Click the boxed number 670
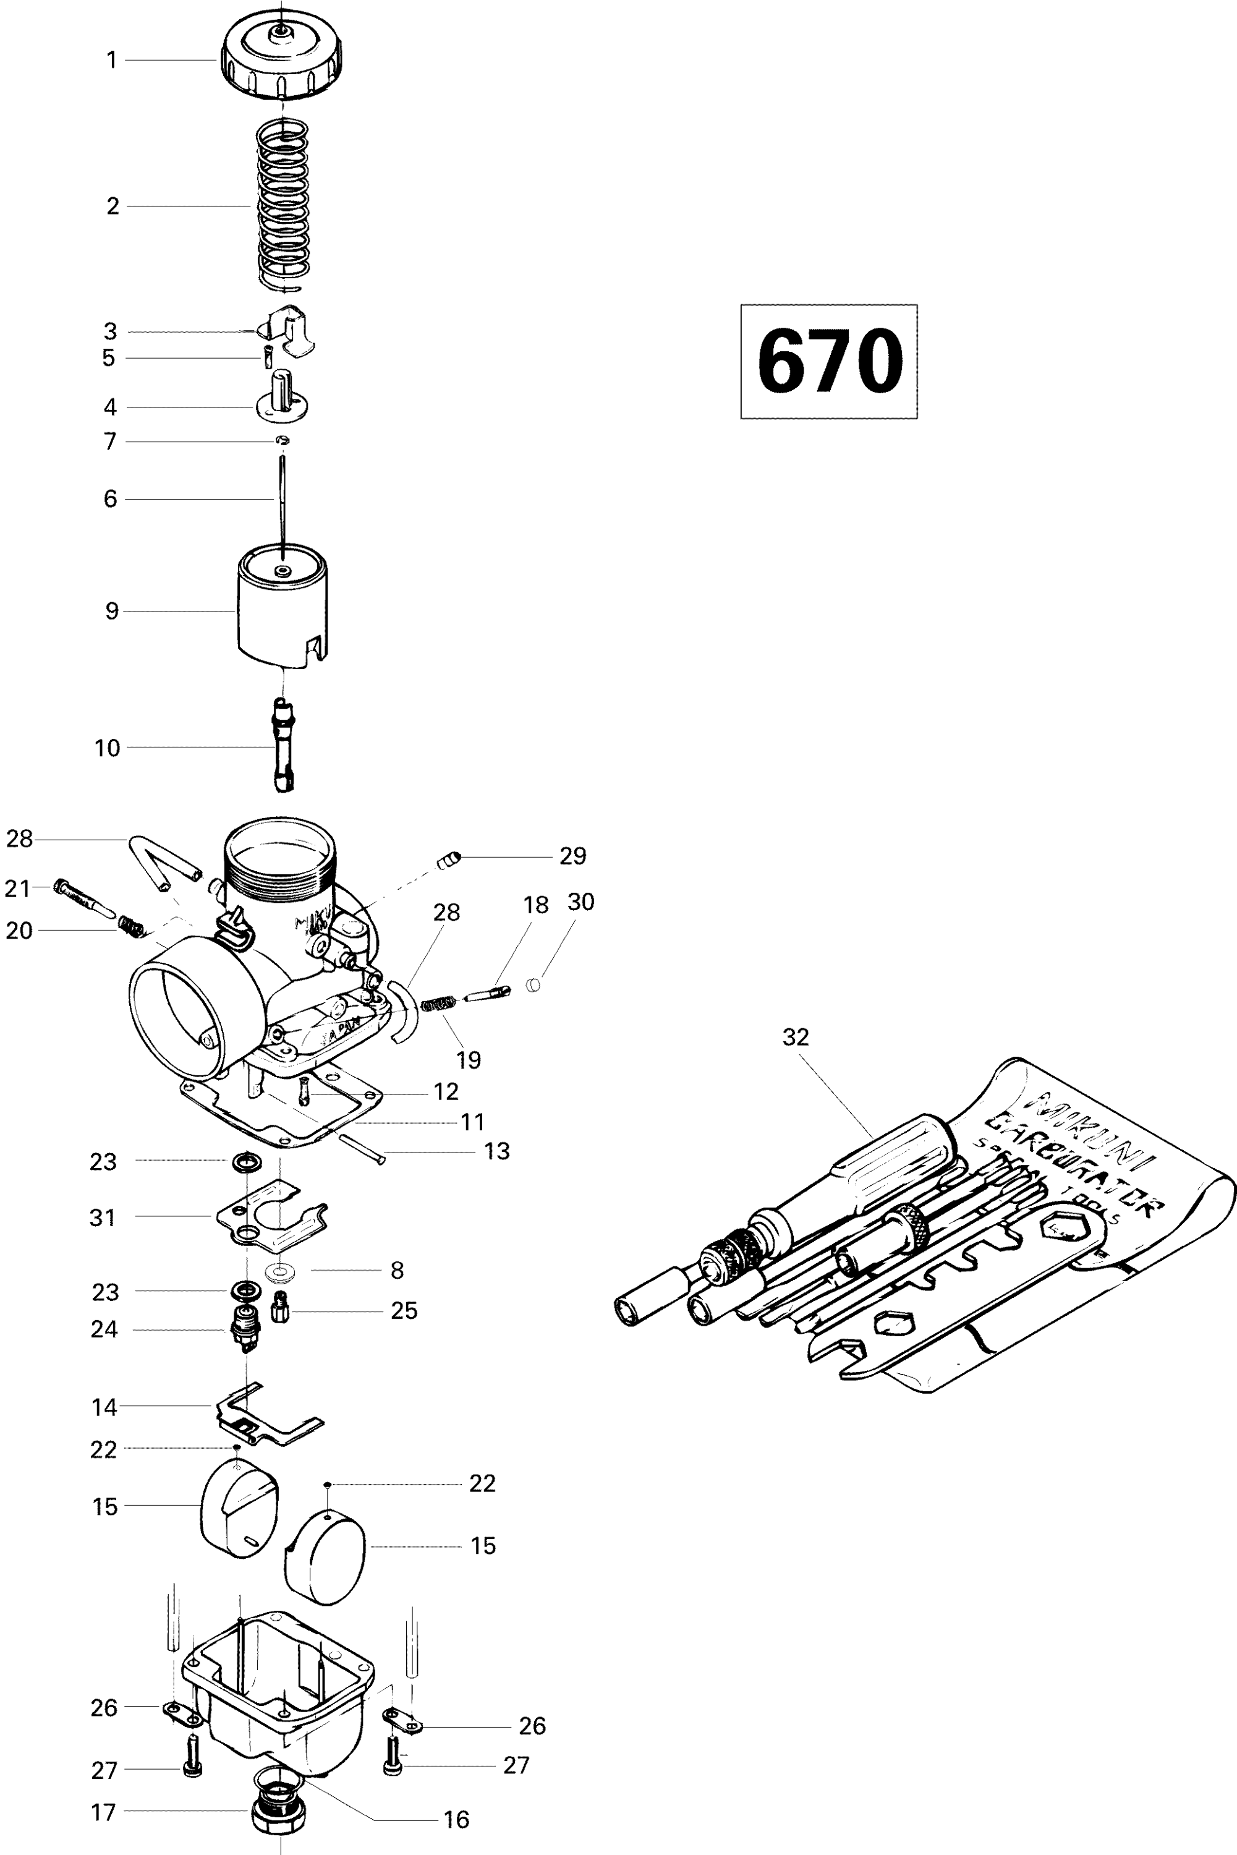point(828,360)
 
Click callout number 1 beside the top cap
point(111,60)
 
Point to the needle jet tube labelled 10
point(283,746)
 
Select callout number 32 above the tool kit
point(795,1037)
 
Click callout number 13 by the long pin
point(496,1151)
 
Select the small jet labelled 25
point(280,1311)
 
